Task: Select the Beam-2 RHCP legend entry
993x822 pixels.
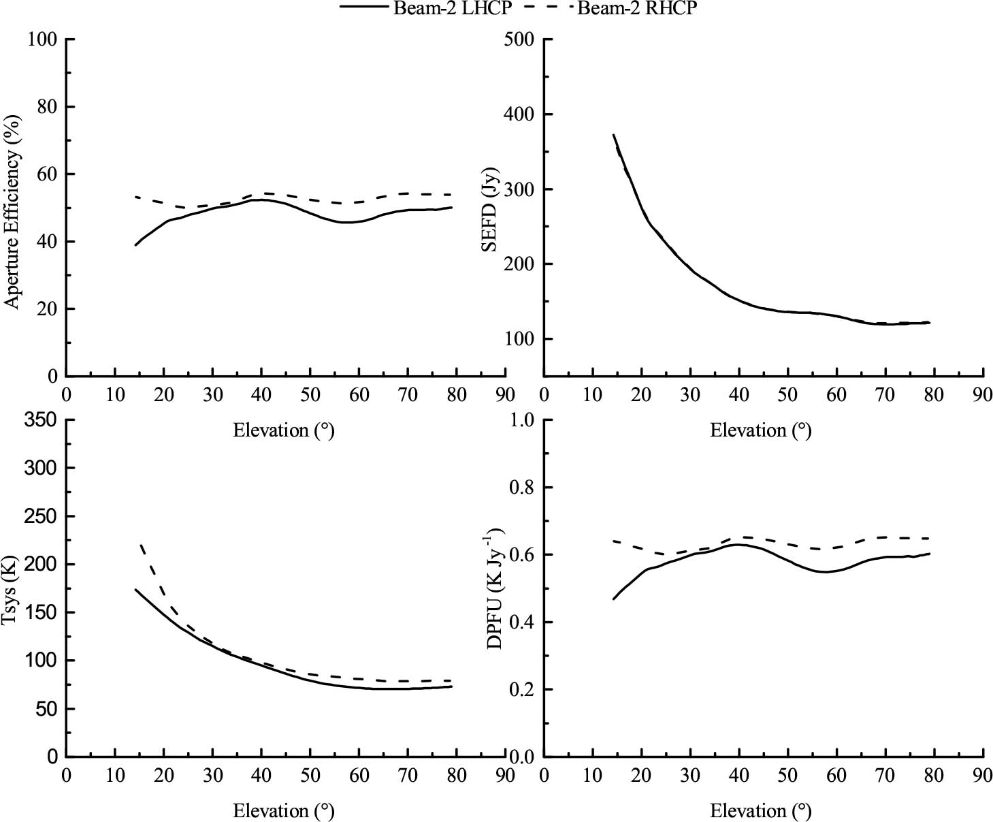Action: pyautogui.click(x=637, y=9)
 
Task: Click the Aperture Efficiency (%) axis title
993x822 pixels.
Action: pyautogui.click(x=13, y=211)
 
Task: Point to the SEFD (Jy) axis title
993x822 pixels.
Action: pyautogui.click(x=489, y=209)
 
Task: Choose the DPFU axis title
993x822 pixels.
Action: pyautogui.click(x=495, y=587)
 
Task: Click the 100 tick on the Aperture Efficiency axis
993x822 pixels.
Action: pyautogui.click(x=42, y=39)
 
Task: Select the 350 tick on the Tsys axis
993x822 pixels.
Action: pyautogui.click(x=42, y=420)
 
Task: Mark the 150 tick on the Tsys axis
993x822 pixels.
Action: pyautogui.click(x=42, y=613)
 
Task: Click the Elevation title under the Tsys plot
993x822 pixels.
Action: pyautogui.click(x=284, y=811)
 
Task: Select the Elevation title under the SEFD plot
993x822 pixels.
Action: pyautogui.click(x=761, y=430)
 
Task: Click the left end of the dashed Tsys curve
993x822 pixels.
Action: pyautogui.click(x=140, y=545)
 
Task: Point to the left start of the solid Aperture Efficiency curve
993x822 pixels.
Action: pyautogui.click(x=135, y=245)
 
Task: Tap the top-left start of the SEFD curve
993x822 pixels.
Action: pyautogui.click(x=613, y=135)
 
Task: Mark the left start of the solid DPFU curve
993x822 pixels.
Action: pyautogui.click(x=613, y=599)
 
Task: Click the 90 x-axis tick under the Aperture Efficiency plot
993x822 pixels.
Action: pyautogui.click(x=505, y=395)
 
